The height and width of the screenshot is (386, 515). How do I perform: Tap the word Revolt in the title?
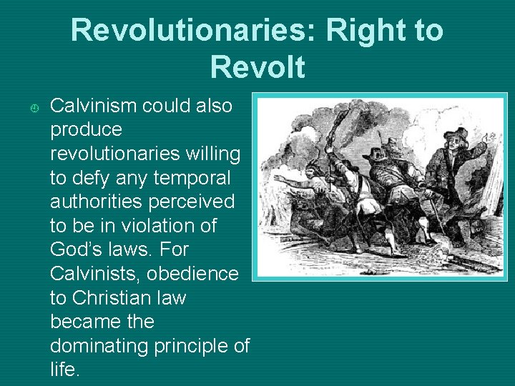(257, 67)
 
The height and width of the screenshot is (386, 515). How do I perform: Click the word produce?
(87, 130)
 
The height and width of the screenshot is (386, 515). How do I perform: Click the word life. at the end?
(65, 370)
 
